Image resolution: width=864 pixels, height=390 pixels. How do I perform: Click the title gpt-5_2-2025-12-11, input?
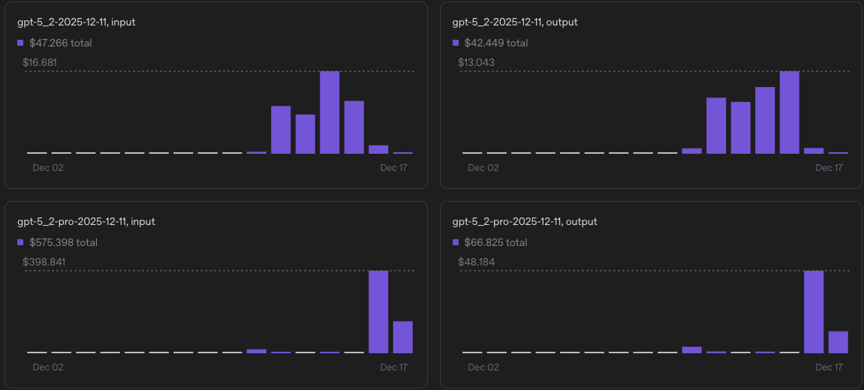[x=77, y=22]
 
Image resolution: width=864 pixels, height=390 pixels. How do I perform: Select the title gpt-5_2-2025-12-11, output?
[x=515, y=22]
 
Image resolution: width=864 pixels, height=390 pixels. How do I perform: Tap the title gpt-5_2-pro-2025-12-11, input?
[x=86, y=222]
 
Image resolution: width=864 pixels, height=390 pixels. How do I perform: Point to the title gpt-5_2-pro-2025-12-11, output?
[x=525, y=222]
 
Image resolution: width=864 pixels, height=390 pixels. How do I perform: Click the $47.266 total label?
[x=60, y=43]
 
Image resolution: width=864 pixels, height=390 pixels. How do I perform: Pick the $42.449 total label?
[x=495, y=43]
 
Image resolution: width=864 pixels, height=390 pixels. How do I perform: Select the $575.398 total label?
[x=63, y=242]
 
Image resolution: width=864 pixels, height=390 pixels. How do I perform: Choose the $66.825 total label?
[x=495, y=242]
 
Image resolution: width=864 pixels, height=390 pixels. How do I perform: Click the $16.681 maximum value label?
[x=40, y=62]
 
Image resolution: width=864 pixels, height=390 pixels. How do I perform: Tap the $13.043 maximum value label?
[x=476, y=62]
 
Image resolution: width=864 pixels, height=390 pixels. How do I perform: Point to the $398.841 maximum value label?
[x=43, y=262]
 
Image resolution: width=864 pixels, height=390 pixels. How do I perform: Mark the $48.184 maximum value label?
[x=476, y=262]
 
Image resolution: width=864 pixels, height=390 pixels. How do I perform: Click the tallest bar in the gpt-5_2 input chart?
[x=330, y=112]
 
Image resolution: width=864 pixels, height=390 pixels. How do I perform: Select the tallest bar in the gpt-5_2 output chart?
[x=789, y=112]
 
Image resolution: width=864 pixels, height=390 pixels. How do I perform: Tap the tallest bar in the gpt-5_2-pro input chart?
[x=378, y=311]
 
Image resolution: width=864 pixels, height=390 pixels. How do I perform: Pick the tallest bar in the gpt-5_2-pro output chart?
[x=814, y=311]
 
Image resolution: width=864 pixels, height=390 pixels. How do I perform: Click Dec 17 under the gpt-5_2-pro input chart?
[x=393, y=367]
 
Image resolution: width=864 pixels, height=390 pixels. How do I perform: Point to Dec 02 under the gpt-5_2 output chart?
[x=483, y=168]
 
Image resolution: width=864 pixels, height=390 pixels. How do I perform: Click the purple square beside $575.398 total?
[x=20, y=242]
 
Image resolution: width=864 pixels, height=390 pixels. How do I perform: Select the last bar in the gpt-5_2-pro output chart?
[x=838, y=342]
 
